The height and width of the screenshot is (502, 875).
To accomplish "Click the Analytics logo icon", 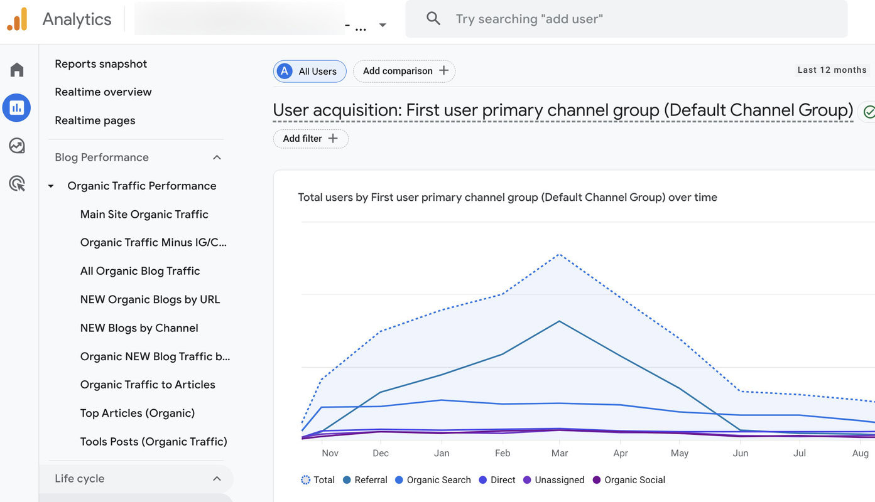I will pos(18,19).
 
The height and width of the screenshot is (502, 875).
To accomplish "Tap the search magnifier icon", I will pos(433,19).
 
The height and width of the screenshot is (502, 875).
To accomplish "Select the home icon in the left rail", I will pos(17,70).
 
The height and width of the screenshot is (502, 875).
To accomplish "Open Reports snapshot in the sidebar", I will pos(101,64).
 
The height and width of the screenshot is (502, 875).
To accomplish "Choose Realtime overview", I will pos(103,92).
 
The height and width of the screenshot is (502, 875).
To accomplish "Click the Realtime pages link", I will pos(95,120).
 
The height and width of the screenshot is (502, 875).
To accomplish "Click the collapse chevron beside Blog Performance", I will pos(217,158).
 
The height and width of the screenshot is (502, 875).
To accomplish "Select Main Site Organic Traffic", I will pos(144,215).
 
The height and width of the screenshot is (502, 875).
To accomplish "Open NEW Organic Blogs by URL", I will pos(149,300).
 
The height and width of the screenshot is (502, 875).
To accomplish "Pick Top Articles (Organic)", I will pos(137,414).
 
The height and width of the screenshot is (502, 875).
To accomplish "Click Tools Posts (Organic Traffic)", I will pos(153,442).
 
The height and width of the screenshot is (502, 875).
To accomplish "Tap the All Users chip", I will pos(310,72).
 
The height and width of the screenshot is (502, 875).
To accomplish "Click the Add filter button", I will pos(310,139).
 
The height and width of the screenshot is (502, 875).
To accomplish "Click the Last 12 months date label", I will pos(832,70).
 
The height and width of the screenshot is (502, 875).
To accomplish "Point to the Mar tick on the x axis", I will pos(559,453).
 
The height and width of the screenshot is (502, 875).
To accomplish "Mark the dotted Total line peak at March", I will pos(558,255).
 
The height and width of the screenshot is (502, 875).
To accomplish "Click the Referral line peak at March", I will pos(558,321).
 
